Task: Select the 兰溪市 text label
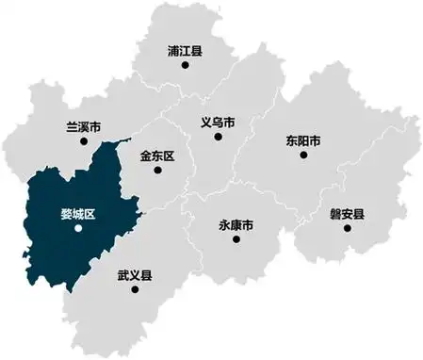[84, 126]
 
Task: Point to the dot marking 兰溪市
[84, 141]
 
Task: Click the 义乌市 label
[218, 122]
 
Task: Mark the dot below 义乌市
[218, 137]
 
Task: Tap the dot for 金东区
[156, 170]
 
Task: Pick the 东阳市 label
[303, 140]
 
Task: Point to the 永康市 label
[236, 225]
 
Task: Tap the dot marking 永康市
[236, 240]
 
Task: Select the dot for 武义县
[135, 290]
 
